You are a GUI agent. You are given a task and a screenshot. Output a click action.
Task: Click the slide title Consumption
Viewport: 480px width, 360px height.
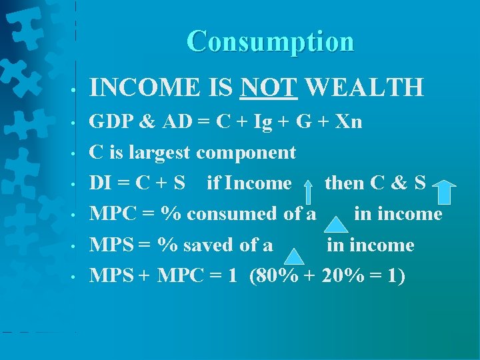[x=270, y=41]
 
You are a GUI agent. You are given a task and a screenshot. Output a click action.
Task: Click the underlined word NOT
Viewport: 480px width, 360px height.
[x=269, y=87]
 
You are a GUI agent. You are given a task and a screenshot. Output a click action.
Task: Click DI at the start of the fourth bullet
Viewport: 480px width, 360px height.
[x=101, y=183]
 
